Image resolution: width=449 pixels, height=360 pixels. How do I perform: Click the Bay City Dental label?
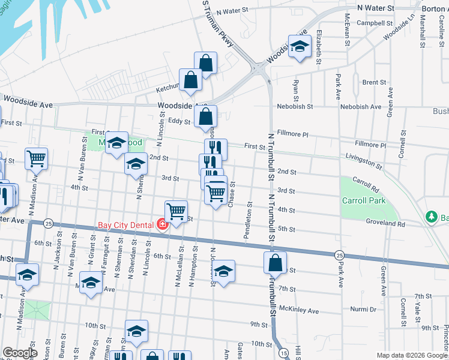[x=126, y=226]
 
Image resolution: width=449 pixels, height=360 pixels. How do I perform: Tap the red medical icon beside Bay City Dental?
[x=161, y=226]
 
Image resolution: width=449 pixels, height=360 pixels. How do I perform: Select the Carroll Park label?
[x=363, y=201]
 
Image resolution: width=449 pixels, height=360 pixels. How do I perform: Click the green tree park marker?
[x=430, y=216]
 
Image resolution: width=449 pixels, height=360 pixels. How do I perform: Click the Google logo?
[x=19, y=352]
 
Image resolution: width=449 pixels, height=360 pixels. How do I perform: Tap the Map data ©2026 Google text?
[x=412, y=355]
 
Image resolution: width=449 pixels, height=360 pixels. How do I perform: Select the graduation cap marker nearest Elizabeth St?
[x=298, y=46]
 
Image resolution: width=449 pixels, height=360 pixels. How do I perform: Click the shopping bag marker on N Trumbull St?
[x=274, y=262]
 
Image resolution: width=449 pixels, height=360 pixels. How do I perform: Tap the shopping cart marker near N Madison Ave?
[x=37, y=158]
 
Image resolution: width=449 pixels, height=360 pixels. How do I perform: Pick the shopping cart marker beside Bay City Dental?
[x=176, y=211]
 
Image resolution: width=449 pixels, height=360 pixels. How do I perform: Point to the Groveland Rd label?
[x=385, y=223]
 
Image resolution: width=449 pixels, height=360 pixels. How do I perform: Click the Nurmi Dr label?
[x=363, y=310]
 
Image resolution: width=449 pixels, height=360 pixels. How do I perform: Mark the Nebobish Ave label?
[x=358, y=107]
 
